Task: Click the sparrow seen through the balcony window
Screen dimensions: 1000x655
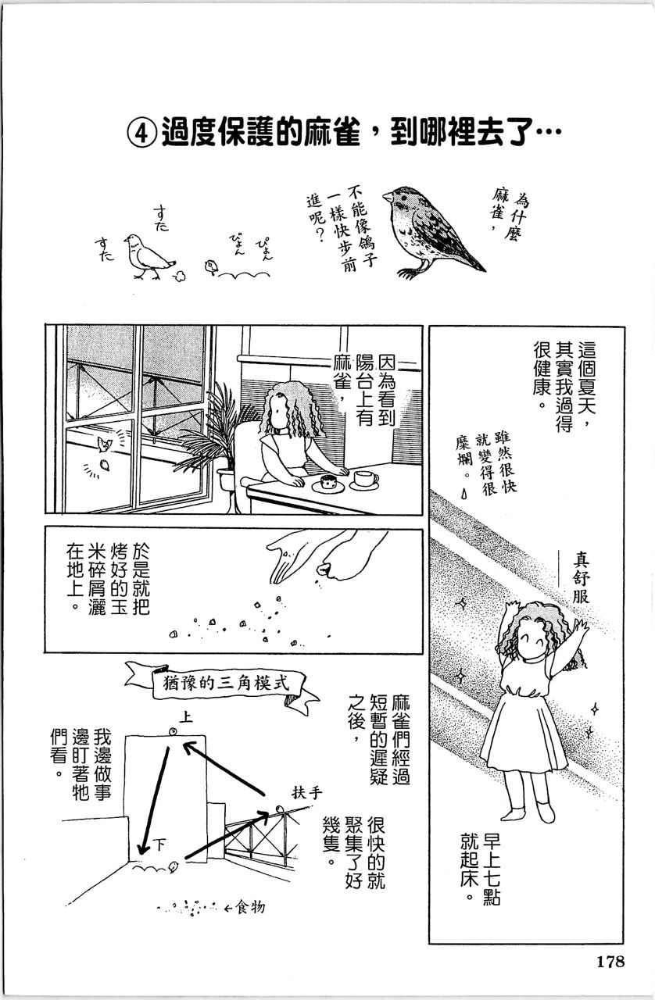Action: [102, 445]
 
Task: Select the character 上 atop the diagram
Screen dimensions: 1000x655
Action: [184, 716]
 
